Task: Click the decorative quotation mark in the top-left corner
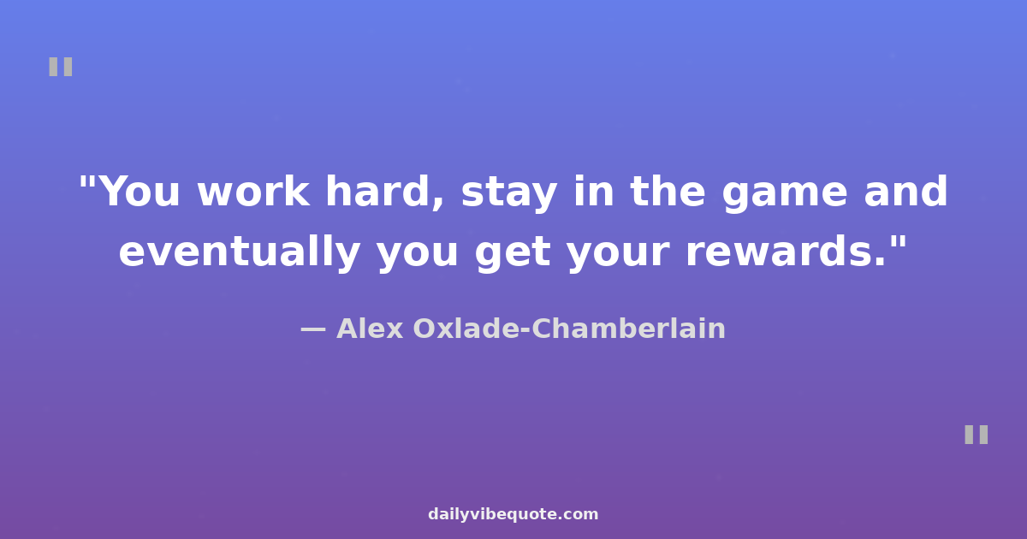pyautogui.click(x=61, y=67)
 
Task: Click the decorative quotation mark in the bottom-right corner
pyautogui.click(x=977, y=435)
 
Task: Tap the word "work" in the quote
pyautogui.click(x=253, y=192)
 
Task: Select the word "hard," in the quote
pyautogui.click(x=384, y=192)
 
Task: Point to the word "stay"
pyautogui.click(x=509, y=194)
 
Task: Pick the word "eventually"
pyautogui.click(x=240, y=252)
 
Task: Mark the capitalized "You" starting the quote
pyautogui.click(x=139, y=192)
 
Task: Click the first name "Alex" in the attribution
pyautogui.click(x=370, y=329)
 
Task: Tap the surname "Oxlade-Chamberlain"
pyautogui.click(x=569, y=329)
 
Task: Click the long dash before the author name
pyautogui.click(x=313, y=329)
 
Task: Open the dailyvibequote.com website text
pyautogui.click(x=513, y=514)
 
